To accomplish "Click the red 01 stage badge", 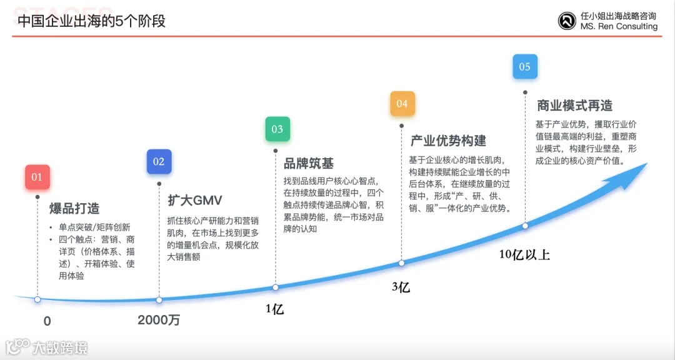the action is pos(37,177).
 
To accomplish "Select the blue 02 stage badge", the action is pos(159,161).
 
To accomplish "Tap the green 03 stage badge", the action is pos(277,129).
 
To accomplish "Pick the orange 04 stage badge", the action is pos(402,104).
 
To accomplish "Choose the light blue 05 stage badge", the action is pos(524,66).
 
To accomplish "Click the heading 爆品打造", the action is pos(74,208).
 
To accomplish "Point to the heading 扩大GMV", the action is pos(195,200).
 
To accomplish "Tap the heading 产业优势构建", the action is pos(448,141).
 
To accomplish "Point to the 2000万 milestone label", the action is pos(159,321).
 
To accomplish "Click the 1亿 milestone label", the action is pos(275,308).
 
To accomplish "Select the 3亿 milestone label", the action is pos(401,287).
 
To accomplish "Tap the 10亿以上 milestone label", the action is pos(524,254).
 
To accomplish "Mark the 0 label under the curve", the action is pos(47,321).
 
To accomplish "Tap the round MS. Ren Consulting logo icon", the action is pos(567,21).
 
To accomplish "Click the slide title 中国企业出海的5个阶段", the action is pos(91,21).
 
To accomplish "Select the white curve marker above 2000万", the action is pos(159,300).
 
